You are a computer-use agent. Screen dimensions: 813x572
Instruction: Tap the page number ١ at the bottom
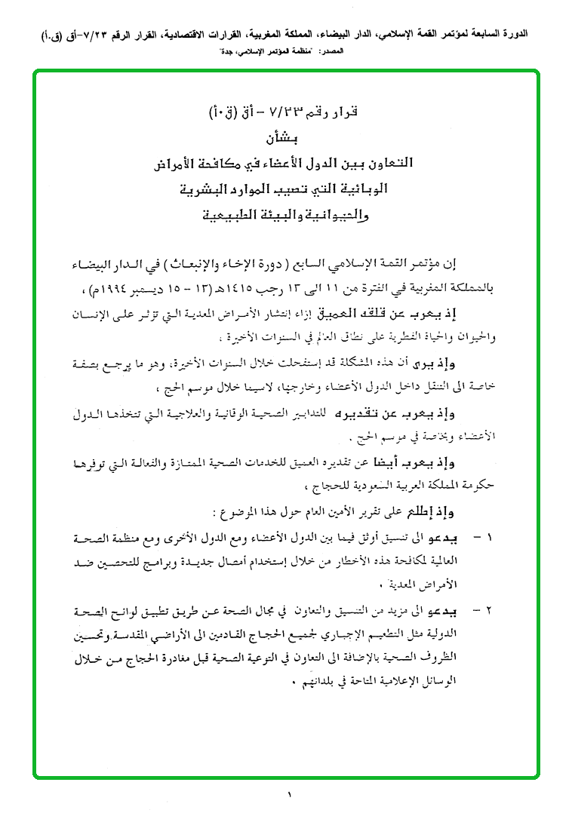point(288,793)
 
